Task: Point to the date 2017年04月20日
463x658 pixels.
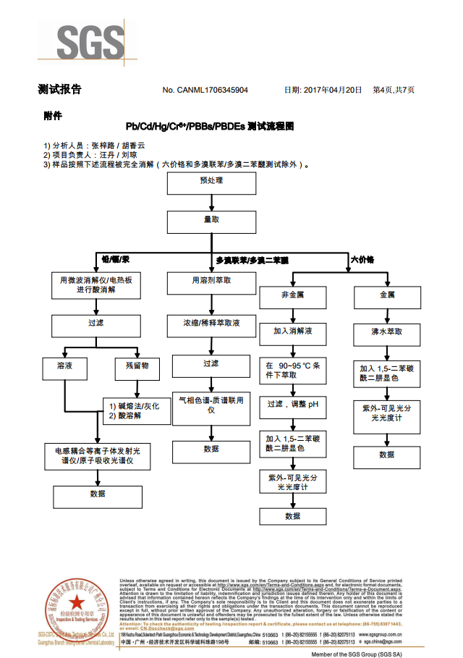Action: [322, 90]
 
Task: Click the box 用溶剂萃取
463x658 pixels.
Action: [211, 280]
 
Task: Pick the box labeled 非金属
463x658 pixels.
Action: [292, 296]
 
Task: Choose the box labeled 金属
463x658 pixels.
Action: [387, 296]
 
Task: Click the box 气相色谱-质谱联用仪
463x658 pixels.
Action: [211, 404]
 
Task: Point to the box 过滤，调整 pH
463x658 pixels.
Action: [292, 405]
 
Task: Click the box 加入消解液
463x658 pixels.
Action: [292, 332]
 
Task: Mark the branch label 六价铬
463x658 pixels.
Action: [362, 259]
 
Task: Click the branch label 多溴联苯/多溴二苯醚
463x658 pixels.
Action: [252, 260]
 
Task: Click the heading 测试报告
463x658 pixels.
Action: [59, 90]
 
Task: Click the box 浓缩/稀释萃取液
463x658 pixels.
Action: [211, 324]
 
